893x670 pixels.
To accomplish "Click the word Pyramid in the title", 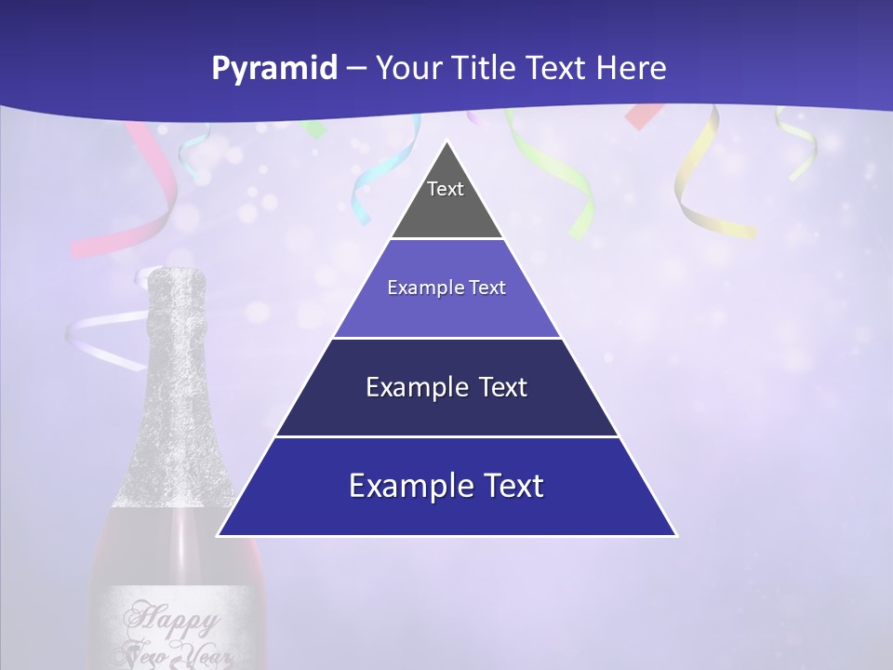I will [x=274, y=69].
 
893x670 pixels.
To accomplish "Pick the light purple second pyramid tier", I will [x=446, y=288].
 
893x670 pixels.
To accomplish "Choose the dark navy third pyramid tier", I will [x=446, y=388].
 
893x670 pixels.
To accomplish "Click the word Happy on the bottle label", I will [x=172, y=617].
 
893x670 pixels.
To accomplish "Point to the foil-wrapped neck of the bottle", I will [x=177, y=372].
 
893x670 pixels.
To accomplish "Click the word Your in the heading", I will [x=408, y=69].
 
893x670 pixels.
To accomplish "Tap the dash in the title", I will [x=356, y=69].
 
